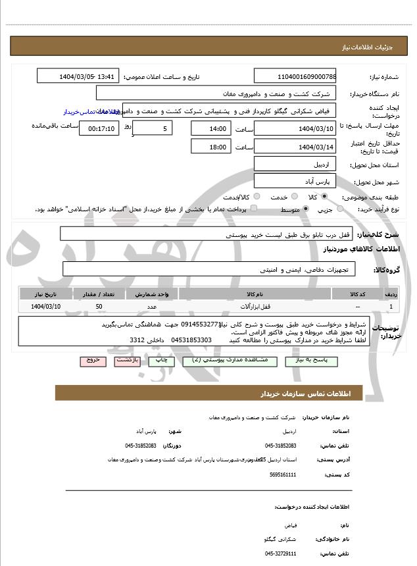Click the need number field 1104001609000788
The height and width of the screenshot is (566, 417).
(x=295, y=77)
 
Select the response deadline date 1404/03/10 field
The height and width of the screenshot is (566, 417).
(x=295, y=128)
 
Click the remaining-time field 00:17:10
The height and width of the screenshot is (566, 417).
(x=99, y=128)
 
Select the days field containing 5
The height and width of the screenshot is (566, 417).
(x=154, y=128)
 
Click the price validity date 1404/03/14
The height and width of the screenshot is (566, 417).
(x=295, y=147)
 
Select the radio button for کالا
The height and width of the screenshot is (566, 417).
(x=324, y=197)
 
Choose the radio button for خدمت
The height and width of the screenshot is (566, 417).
(x=293, y=197)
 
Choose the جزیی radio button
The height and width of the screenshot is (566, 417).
(x=340, y=209)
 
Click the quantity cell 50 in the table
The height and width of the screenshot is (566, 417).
(x=99, y=307)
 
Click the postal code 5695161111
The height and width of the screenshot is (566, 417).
(x=283, y=474)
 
